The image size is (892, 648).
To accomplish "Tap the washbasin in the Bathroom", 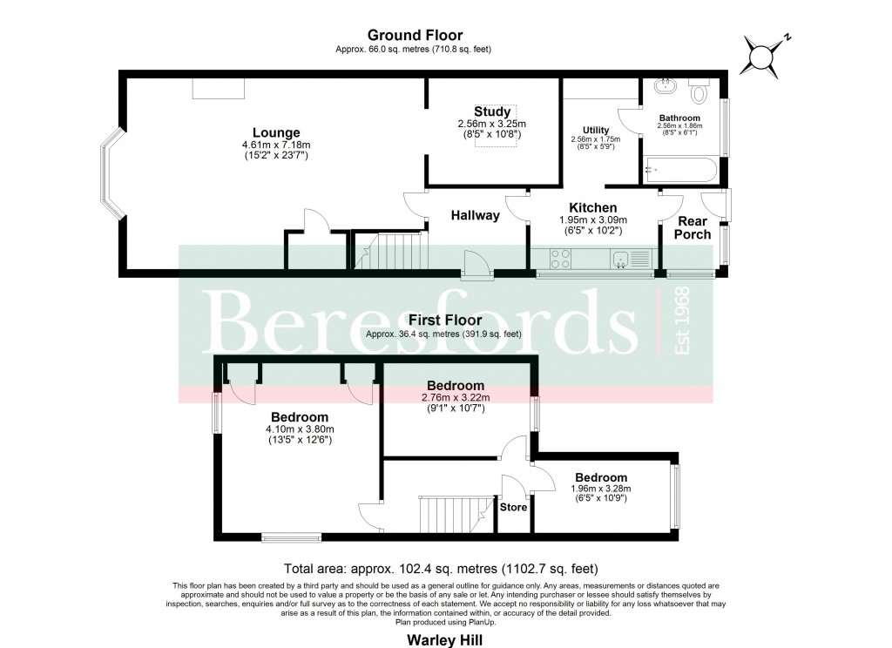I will coord(665,86).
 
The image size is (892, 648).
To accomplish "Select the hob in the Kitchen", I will coord(560,258).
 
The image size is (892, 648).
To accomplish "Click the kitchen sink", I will coord(622,258).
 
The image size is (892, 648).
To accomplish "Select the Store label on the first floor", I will coord(513,507).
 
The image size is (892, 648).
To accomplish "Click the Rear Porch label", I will coord(693,227).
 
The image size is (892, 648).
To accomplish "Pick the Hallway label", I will coord(475,215).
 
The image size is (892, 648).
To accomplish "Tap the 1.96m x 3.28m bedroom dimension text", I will coord(600,489).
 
